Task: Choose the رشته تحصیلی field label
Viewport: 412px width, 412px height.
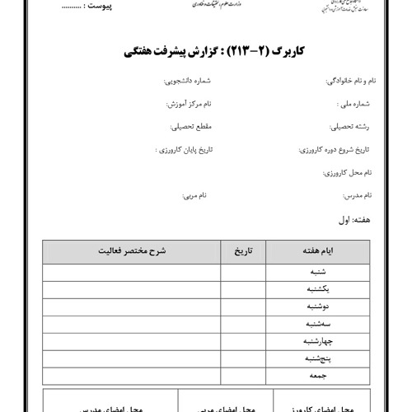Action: coord(352,128)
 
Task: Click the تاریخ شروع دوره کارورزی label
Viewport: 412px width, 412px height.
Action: coord(335,151)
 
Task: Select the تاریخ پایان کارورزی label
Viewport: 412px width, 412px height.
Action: coord(185,151)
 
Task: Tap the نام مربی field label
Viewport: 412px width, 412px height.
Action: coord(194,196)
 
